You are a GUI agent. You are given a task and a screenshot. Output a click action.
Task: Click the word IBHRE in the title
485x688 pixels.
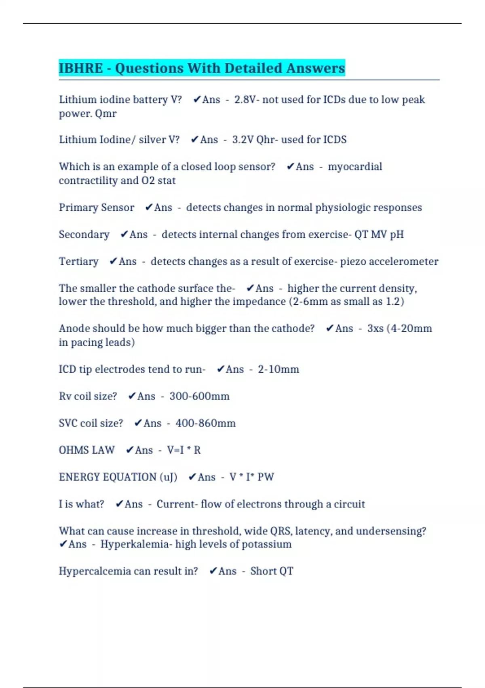click(x=81, y=68)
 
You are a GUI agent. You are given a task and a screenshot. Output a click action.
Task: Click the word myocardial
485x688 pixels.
click(x=355, y=167)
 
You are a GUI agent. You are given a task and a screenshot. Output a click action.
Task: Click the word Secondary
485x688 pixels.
click(x=84, y=234)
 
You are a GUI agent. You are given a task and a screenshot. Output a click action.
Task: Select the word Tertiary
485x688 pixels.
click(x=78, y=261)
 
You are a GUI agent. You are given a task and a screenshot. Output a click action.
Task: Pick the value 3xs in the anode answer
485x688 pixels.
click(x=375, y=328)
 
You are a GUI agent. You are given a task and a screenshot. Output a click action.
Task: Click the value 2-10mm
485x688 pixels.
click(x=278, y=369)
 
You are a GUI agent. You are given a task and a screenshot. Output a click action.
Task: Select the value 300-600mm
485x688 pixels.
click(x=199, y=396)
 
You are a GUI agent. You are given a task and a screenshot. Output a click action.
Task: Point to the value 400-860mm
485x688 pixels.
click(x=205, y=423)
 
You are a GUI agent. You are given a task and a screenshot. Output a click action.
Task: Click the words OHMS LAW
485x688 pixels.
click(x=86, y=450)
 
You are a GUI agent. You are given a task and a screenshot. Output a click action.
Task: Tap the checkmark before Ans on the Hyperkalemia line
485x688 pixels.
click(x=63, y=544)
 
